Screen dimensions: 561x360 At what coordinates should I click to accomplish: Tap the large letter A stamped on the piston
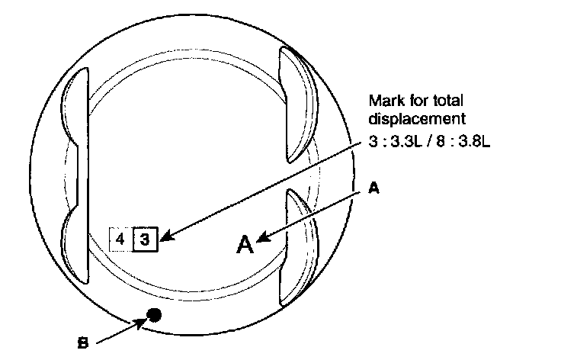pos(245,244)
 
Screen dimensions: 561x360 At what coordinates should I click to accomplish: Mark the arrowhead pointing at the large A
pos(261,240)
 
